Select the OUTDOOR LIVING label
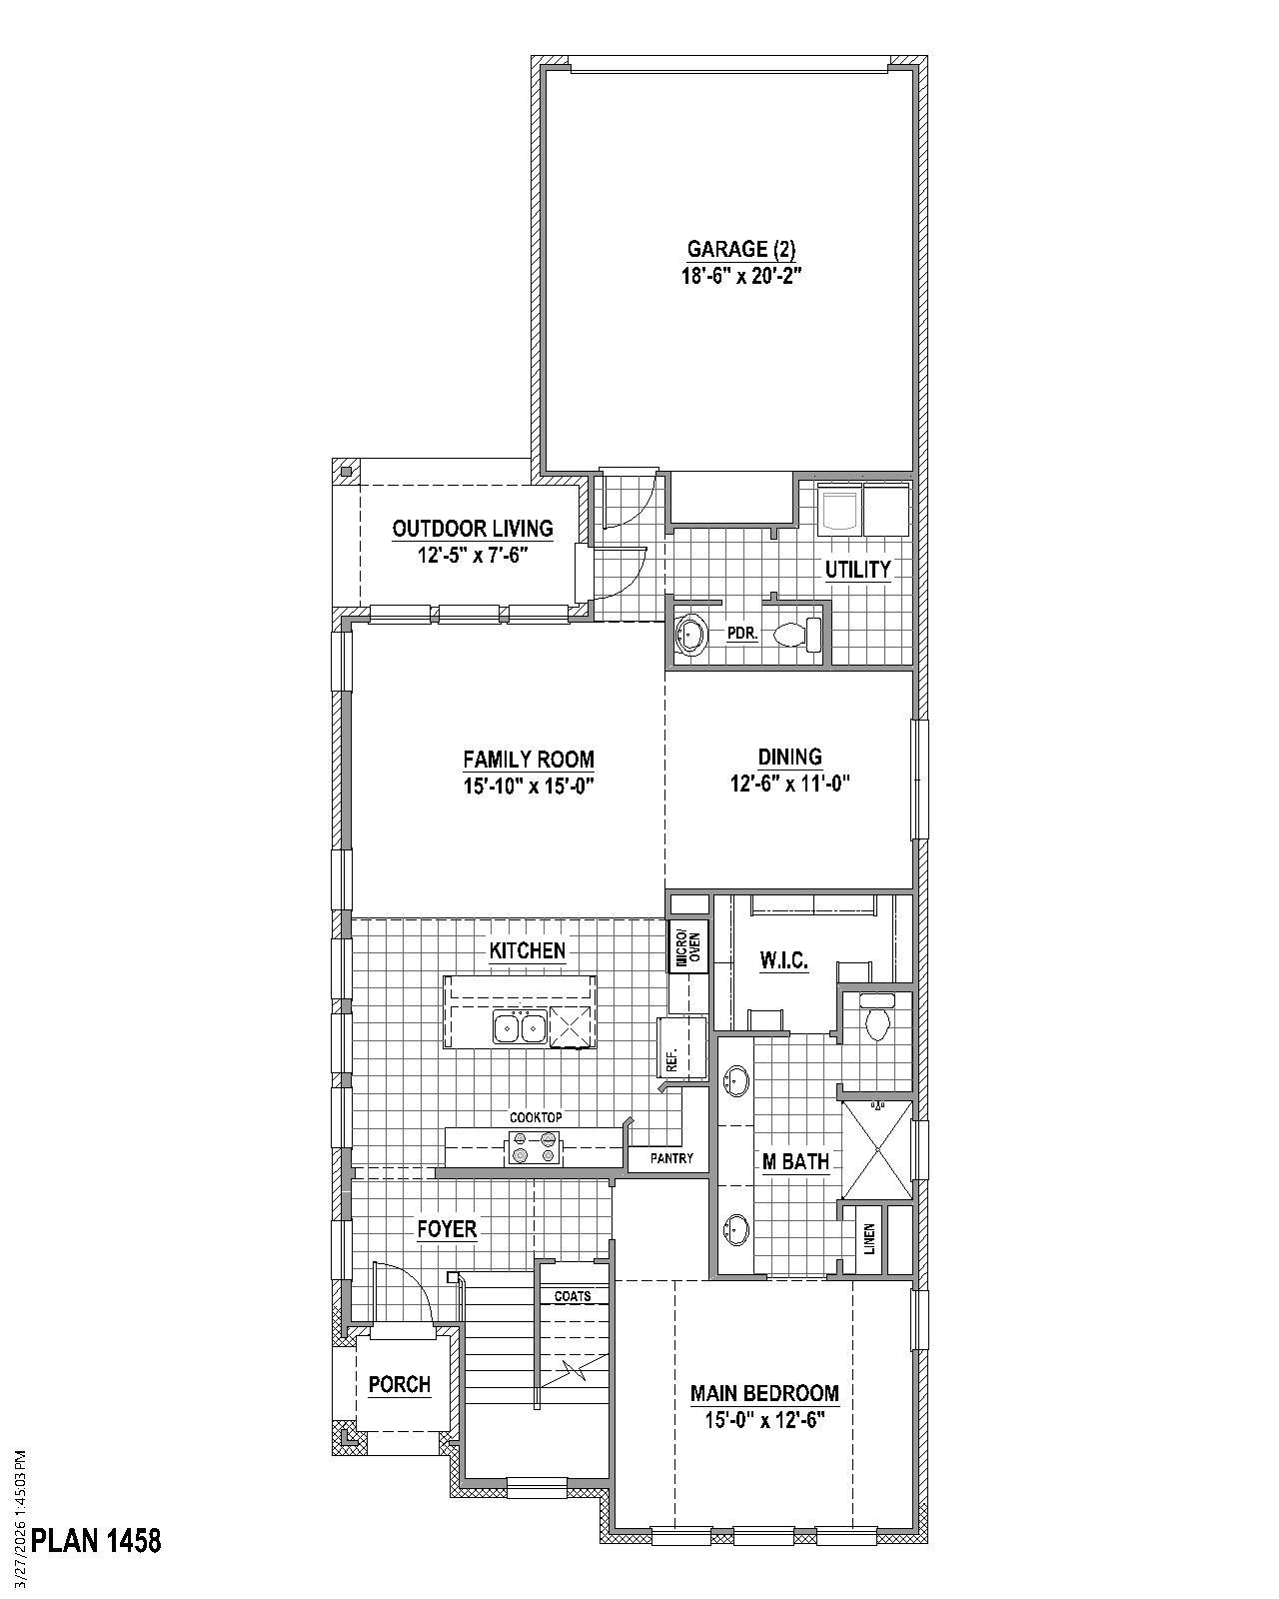(x=472, y=529)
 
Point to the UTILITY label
(x=857, y=570)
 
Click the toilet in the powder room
(x=796, y=634)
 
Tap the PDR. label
(x=742, y=634)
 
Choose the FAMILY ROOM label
(x=528, y=760)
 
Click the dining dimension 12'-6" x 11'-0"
(x=789, y=784)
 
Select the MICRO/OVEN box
(x=688, y=946)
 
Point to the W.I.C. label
(x=783, y=961)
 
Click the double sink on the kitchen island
(x=519, y=1026)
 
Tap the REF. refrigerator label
(x=671, y=1058)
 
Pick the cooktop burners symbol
(x=535, y=1148)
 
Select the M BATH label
(x=795, y=1161)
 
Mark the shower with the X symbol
(x=876, y=1148)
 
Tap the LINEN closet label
(x=870, y=1239)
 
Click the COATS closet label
(x=573, y=1296)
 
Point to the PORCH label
(x=400, y=1385)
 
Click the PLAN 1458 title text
(x=96, y=1540)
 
